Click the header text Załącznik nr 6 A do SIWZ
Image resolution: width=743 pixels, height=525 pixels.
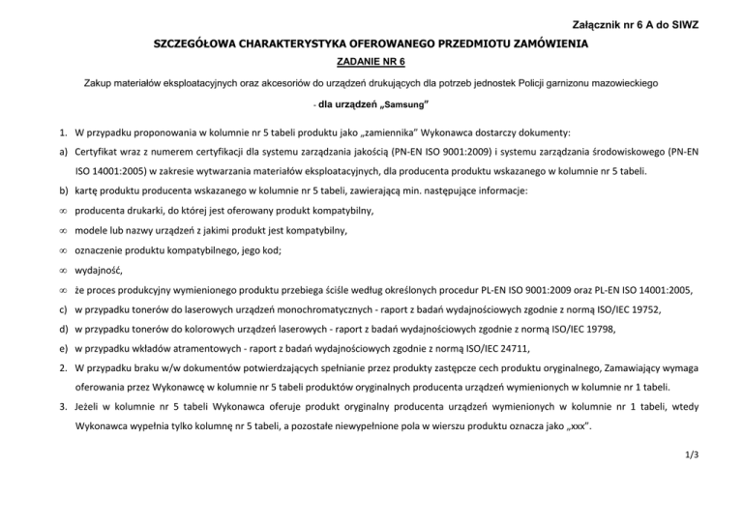(631, 22)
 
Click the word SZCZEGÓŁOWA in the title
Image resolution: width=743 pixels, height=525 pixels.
(202, 44)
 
